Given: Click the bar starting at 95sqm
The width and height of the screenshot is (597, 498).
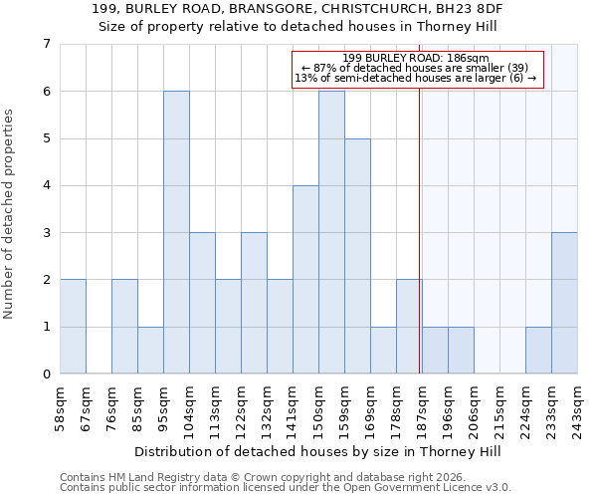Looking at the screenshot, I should click(x=176, y=232).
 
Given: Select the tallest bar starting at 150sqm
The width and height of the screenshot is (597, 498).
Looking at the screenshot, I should click(x=331, y=232).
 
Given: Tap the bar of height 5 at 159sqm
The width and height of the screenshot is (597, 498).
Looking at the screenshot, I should click(x=357, y=256).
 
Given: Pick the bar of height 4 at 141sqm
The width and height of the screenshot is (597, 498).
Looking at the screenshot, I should click(x=305, y=280).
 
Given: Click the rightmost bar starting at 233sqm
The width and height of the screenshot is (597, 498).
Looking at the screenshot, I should click(x=564, y=303).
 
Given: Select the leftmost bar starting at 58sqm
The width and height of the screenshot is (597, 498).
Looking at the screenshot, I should click(x=73, y=327).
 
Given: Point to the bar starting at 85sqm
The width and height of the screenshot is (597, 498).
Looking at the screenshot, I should click(x=150, y=351).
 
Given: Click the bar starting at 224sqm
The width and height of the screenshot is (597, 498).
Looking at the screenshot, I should click(x=538, y=351).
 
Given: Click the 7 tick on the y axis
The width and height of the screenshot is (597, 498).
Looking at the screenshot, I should click(x=46, y=44).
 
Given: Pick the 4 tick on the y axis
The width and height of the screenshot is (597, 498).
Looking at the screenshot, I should click(x=46, y=185).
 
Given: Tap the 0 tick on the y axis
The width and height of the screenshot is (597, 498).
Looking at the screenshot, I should click(x=46, y=374).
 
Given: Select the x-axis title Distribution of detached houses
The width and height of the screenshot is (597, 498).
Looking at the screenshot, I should click(x=317, y=451).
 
